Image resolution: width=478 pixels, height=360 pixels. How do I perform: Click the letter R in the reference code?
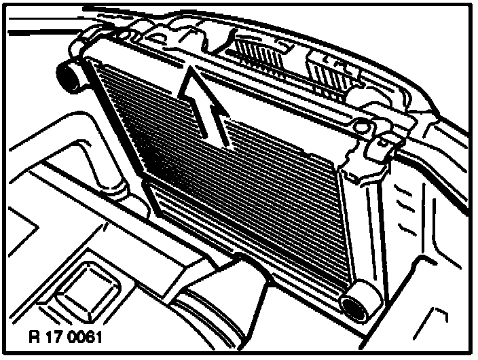(x=34, y=337)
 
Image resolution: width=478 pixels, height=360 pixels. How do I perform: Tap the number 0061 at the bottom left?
(x=87, y=337)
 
